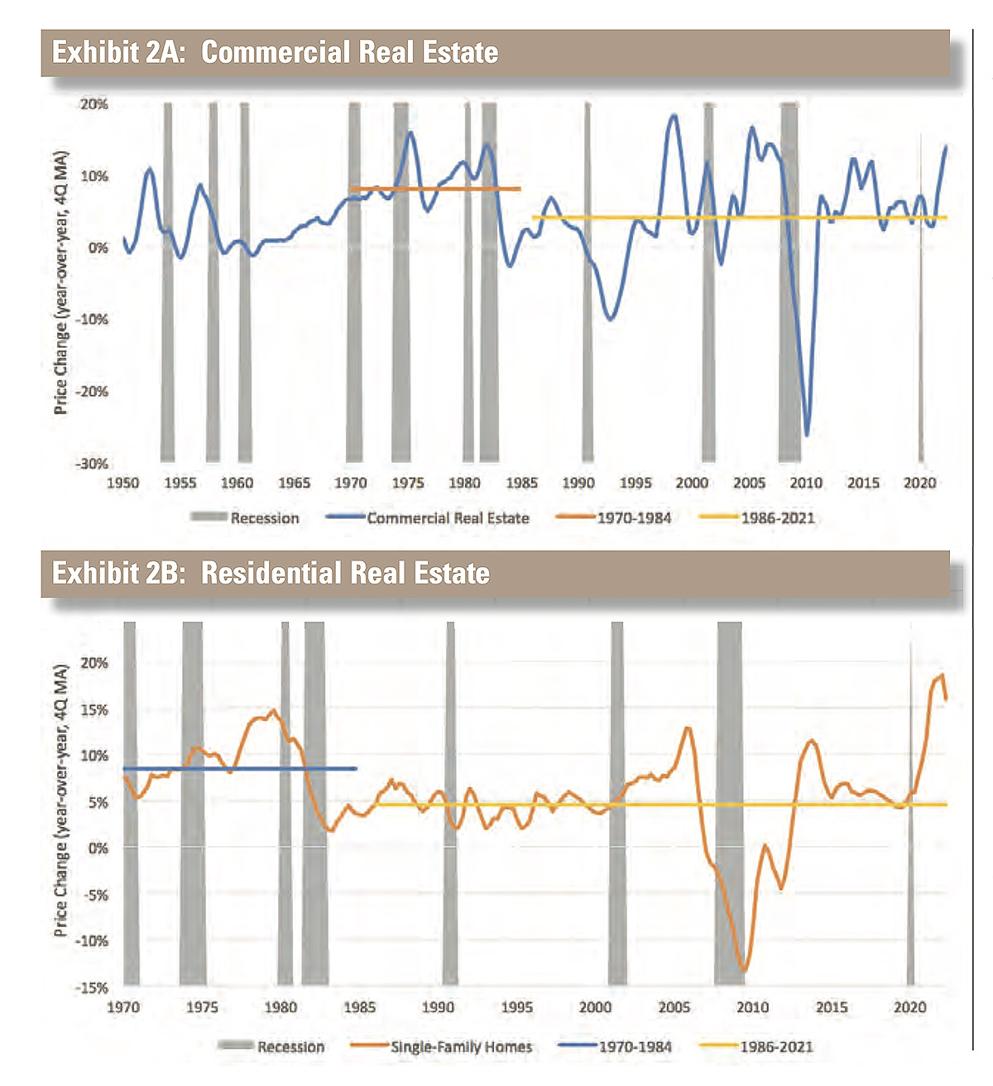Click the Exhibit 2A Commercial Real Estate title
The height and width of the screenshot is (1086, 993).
[x=276, y=52]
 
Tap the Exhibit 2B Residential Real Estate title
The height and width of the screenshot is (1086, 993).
[x=271, y=573]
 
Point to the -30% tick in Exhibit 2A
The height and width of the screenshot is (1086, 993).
[x=92, y=464]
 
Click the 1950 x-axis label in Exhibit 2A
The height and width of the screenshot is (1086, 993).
[x=123, y=483]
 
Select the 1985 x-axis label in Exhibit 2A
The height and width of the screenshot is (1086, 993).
[x=521, y=483]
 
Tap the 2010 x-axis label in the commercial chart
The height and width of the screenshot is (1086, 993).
[x=806, y=483]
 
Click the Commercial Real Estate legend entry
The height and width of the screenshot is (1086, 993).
[x=448, y=518]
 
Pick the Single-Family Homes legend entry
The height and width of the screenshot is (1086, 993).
[x=461, y=1047]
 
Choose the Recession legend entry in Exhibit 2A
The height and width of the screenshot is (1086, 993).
[x=264, y=518]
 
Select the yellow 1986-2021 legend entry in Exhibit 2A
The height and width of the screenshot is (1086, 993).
[x=777, y=518]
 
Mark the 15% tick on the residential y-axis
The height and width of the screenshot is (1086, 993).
[x=94, y=710]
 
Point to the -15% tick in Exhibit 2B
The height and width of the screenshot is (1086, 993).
[x=93, y=987]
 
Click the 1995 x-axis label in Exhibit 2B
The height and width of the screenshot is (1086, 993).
[x=516, y=1007]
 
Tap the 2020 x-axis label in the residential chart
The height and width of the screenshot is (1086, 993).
[x=909, y=1007]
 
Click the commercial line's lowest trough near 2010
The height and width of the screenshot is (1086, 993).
[x=807, y=435]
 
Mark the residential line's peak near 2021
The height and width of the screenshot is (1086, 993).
[x=941, y=675]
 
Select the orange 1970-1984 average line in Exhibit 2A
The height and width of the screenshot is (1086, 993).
[x=434, y=190]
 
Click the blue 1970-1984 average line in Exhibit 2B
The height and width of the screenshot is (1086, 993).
[x=240, y=769]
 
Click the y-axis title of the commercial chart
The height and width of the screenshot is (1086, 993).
[x=60, y=283]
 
